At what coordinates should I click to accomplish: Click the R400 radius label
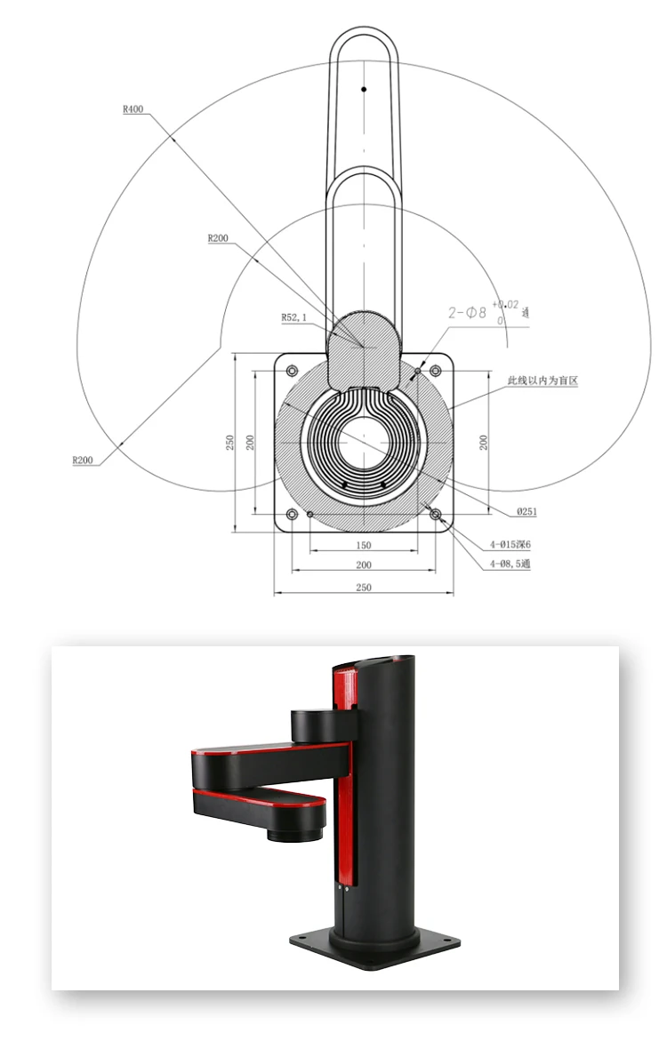(133, 110)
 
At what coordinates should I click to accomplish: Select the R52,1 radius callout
(294, 316)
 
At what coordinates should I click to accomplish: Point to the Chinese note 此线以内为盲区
(542, 380)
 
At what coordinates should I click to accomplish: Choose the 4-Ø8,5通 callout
(510, 564)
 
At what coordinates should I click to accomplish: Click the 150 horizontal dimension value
(363, 545)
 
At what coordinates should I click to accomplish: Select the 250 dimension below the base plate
(363, 587)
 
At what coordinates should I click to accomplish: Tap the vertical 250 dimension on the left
(229, 442)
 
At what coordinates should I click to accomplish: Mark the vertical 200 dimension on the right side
(484, 442)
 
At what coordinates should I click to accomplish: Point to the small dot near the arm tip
(363, 89)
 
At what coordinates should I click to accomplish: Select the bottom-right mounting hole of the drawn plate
(435, 514)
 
